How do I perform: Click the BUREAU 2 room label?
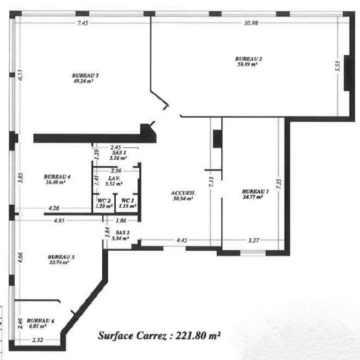point(248,59)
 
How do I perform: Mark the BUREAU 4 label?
point(57,177)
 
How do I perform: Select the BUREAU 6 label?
point(40,320)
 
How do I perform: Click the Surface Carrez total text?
point(159,336)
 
